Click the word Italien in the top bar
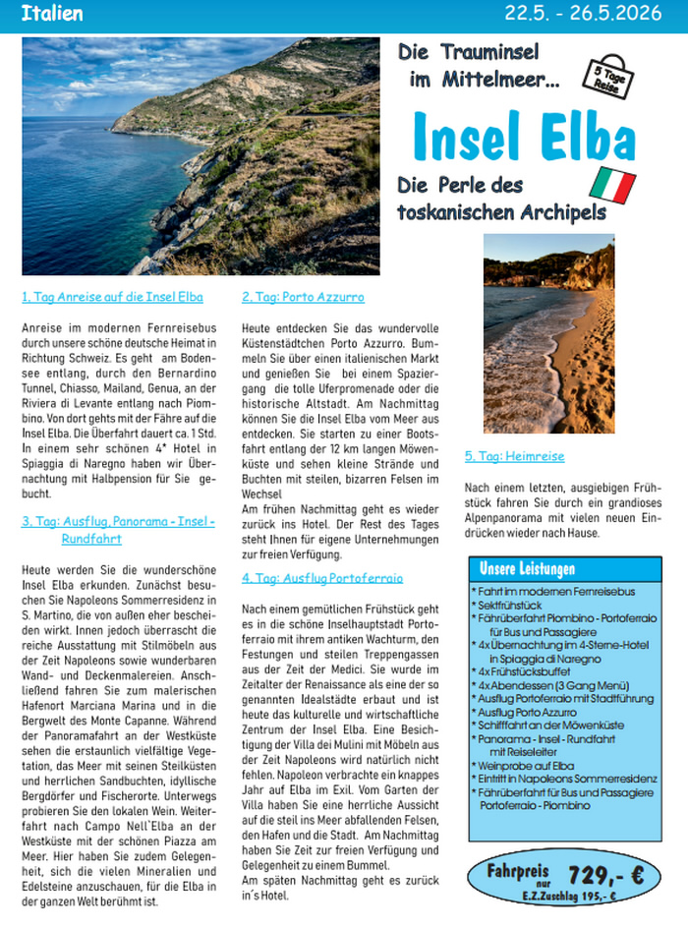pyautogui.click(x=51, y=14)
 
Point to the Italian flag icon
pyautogui.click(x=611, y=185)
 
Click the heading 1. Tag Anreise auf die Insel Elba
pyautogui.click(x=112, y=297)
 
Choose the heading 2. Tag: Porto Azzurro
pyautogui.click(x=303, y=297)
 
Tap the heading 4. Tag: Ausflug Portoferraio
pyautogui.click(x=322, y=578)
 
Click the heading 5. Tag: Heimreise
pyautogui.click(x=514, y=457)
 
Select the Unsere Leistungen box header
pyautogui.click(x=527, y=570)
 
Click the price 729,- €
pyautogui.click(x=605, y=875)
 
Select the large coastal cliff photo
pyautogui.click(x=201, y=156)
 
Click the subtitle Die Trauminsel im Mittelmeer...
pyautogui.click(x=479, y=67)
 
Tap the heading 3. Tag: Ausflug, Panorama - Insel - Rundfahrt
pyautogui.click(x=118, y=530)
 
